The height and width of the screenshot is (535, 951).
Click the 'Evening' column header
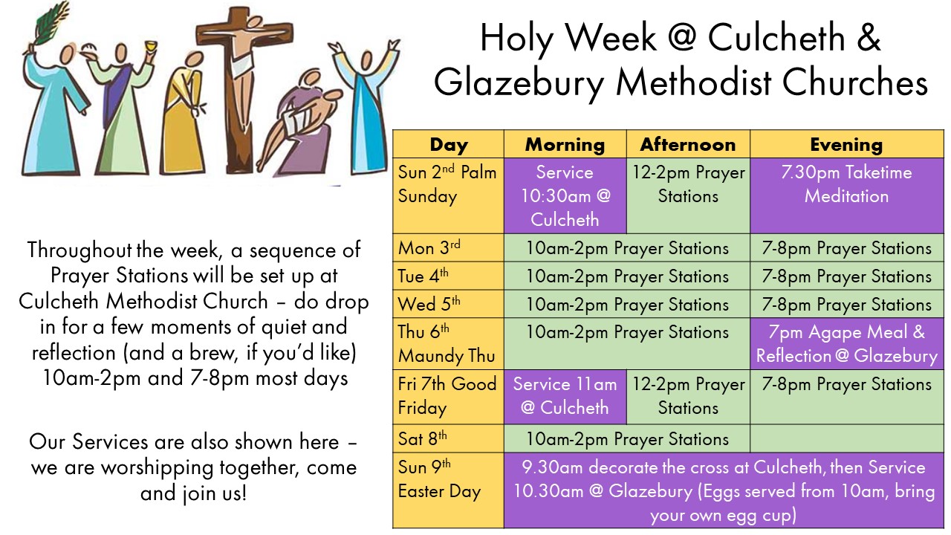[846, 144]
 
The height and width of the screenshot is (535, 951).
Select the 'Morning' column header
[565, 144]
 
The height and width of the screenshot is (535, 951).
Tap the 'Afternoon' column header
[688, 144]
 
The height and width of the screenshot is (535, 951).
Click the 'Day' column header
[448, 144]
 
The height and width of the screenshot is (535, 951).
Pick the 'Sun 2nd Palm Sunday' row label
[448, 185]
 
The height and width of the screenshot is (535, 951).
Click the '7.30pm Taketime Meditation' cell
[846, 185]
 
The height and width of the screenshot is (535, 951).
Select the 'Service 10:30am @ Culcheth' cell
[565, 195]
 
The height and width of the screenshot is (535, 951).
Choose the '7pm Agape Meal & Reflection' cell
[846, 344]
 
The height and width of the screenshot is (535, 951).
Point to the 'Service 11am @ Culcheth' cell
[565, 396]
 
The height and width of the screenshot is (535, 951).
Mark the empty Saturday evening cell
[846, 438]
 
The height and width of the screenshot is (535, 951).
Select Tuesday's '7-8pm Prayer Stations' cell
[846, 276]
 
